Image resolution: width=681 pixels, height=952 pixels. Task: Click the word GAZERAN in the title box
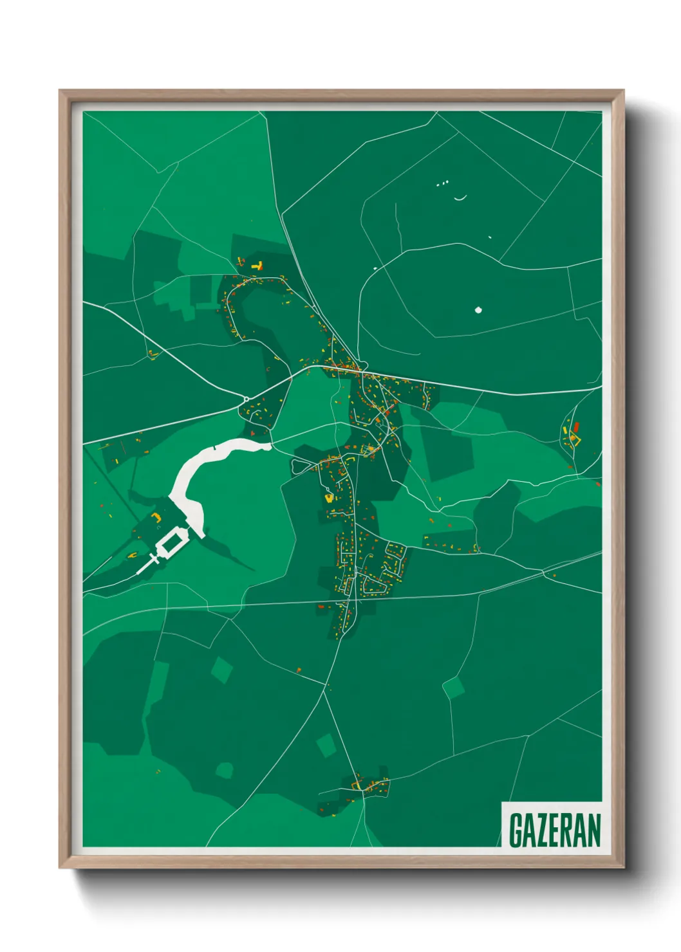pyautogui.click(x=554, y=830)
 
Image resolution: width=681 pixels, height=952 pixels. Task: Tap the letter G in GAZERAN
pyautogui.click(x=516, y=830)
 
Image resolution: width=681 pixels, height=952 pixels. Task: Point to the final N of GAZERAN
pyautogui.click(x=593, y=830)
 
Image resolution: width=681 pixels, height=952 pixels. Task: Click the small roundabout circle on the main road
pyautogui.click(x=247, y=399)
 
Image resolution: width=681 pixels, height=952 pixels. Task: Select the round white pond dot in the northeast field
pyautogui.click(x=478, y=310)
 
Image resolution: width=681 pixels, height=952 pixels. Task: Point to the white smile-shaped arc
pyautogui.click(x=460, y=198)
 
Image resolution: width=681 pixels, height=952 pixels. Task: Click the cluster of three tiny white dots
pyautogui.click(x=442, y=184)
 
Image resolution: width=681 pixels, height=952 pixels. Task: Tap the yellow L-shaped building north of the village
pyautogui.click(x=259, y=265)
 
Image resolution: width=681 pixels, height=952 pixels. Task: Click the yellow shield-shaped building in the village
pyautogui.click(x=329, y=497)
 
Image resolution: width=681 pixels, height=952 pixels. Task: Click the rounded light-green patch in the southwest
pyautogui.click(x=224, y=769)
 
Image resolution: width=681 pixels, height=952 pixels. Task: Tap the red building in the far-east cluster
pyautogui.click(x=577, y=427)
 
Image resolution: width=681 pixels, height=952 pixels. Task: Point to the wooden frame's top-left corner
pyautogui.click(x=60, y=91)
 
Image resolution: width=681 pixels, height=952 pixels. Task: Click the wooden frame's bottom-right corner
pyautogui.click(x=623, y=868)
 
